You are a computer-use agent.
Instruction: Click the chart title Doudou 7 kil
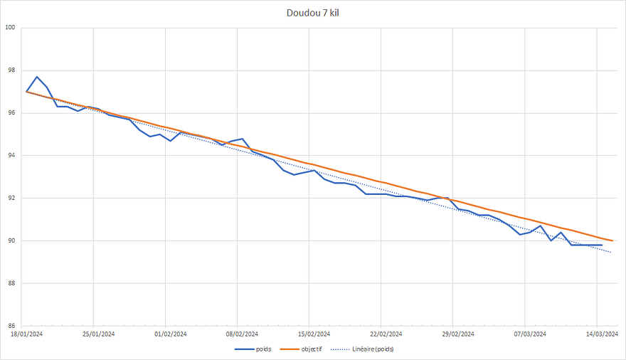pos(313,13)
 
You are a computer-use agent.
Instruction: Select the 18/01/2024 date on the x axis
pos(26,334)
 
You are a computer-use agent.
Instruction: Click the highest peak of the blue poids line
pos(37,77)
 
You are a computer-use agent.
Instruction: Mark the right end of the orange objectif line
pos(612,240)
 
